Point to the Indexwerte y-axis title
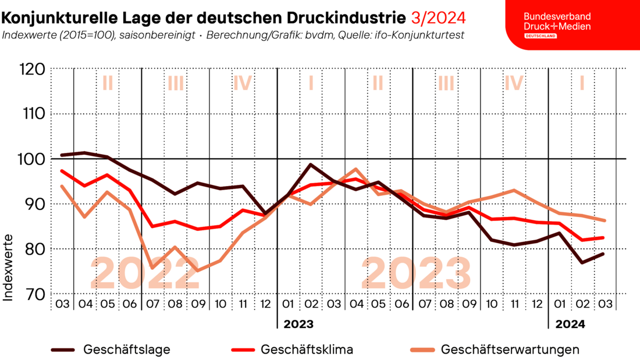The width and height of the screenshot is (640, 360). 9,268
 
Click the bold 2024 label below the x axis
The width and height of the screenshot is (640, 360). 571,323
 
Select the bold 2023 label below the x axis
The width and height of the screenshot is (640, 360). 298,323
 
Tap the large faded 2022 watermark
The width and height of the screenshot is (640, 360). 145,273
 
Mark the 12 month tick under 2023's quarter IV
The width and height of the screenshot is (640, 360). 536,304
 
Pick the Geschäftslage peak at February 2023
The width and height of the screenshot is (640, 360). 311,165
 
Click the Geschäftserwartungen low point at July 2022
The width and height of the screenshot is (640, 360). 152,268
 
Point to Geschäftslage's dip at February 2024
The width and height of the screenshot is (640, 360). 582,262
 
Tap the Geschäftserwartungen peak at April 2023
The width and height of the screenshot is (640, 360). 356,169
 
